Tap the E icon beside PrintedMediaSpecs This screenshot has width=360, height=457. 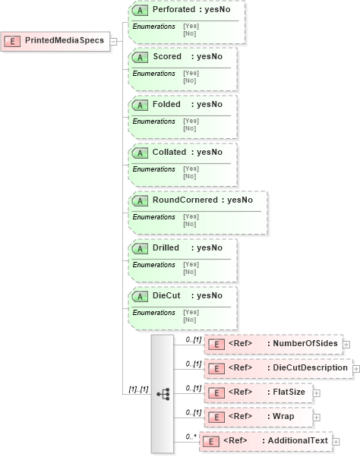(x=13, y=40)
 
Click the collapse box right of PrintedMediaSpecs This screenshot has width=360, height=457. (x=113, y=40)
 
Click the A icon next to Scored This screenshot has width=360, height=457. (x=140, y=57)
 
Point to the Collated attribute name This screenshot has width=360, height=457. (x=167, y=153)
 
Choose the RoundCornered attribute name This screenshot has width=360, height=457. (x=185, y=200)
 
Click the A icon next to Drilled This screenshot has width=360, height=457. (x=140, y=248)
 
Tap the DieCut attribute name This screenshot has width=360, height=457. (x=166, y=296)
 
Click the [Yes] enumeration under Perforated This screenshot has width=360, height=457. (x=190, y=26)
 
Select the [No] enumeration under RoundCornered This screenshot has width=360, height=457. (x=189, y=224)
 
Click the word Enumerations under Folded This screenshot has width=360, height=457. (x=153, y=121)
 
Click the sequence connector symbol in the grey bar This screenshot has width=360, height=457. (x=163, y=393)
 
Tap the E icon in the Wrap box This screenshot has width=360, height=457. (x=216, y=417)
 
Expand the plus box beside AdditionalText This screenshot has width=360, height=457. (x=335, y=441)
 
